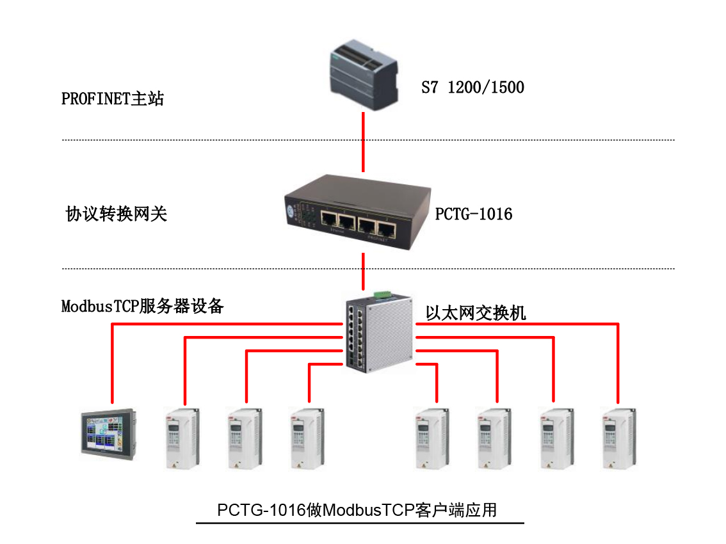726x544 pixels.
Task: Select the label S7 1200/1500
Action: click(x=472, y=88)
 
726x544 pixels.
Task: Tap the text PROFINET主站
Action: click(x=113, y=99)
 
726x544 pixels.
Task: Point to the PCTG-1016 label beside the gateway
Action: click(x=474, y=214)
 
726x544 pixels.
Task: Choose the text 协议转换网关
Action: click(x=117, y=214)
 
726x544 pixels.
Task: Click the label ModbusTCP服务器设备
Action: click(x=142, y=307)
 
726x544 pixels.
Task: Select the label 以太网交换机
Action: click(x=476, y=313)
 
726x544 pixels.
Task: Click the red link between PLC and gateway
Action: click(x=363, y=142)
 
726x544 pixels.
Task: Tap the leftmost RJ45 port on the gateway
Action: click(x=328, y=221)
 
